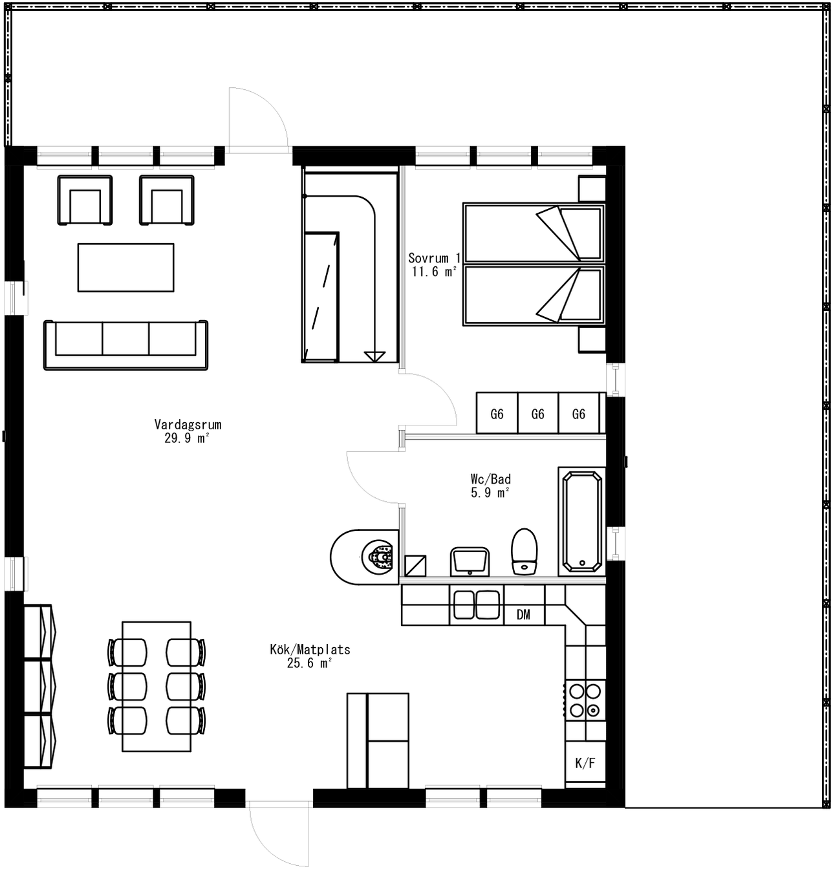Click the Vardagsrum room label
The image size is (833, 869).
click(188, 425)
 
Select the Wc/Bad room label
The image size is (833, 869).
click(490, 479)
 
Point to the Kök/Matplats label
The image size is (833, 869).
click(310, 649)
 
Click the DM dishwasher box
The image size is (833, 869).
click(523, 615)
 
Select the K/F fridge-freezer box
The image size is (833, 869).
click(585, 763)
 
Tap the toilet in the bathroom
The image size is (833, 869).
click(525, 552)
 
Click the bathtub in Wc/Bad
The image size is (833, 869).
click(582, 522)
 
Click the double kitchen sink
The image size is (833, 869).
click(476, 605)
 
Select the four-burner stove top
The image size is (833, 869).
click(585, 701)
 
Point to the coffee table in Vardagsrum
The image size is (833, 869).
click(125, 267)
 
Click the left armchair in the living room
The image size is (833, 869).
click(85, 200)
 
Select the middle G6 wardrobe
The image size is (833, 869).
click(537, 414)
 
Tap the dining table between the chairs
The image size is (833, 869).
click(157, 686)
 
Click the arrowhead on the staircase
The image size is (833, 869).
click(374, 356)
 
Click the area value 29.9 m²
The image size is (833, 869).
click(188, 438)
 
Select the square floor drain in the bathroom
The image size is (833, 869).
click(415, 566)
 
